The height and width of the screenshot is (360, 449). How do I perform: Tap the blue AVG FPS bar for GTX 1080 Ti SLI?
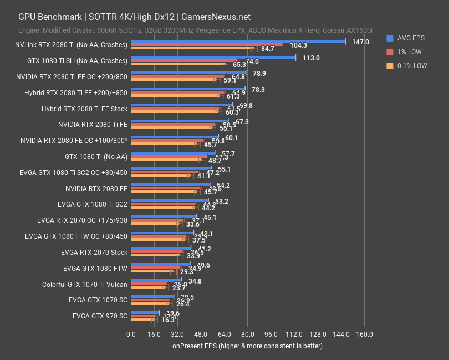click(x=213, y=56)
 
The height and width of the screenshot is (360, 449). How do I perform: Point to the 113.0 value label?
click(x=310, y=58)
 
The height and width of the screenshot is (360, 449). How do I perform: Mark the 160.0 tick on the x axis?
click(x=364, y=335)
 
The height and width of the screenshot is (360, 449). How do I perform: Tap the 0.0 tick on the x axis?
click(x=131, y=335)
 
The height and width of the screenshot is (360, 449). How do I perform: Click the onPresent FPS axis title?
click(x=247, y=346)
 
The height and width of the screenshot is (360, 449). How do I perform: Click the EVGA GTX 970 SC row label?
click(x=100, y=316)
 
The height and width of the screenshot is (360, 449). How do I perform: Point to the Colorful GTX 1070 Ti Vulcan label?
click(x=85, y=285)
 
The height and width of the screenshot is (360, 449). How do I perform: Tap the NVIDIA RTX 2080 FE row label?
click(x=96, y=188)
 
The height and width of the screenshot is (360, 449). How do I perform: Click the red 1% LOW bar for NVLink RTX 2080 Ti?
click(x=206, y=44)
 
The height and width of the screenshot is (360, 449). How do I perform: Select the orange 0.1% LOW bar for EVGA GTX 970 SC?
click(x=142, y=320)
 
